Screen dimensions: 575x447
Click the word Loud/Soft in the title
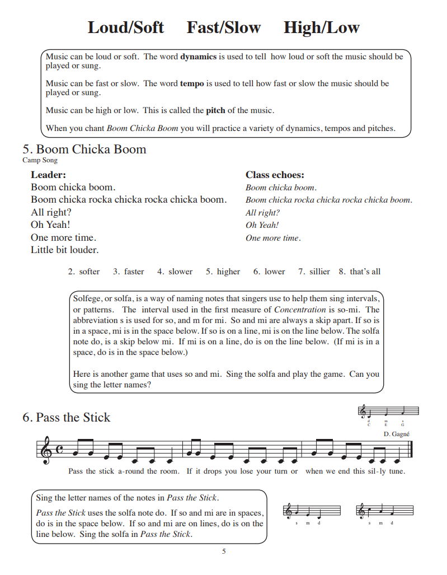point(126,27)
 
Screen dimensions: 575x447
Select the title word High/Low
point(321,27)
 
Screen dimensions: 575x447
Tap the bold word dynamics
point(198,57)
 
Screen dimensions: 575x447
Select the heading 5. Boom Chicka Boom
point(84,149)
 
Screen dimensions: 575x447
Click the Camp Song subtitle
point(40,160)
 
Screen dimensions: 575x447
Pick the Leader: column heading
point(48,175)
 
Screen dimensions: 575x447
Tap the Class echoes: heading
point(275,175)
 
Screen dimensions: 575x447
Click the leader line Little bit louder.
point(64,250)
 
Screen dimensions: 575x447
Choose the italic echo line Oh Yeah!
point(262,225)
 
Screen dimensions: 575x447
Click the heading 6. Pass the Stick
point(67,418)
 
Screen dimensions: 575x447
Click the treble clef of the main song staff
point(45,451)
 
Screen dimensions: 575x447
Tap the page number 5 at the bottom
point(224,551)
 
